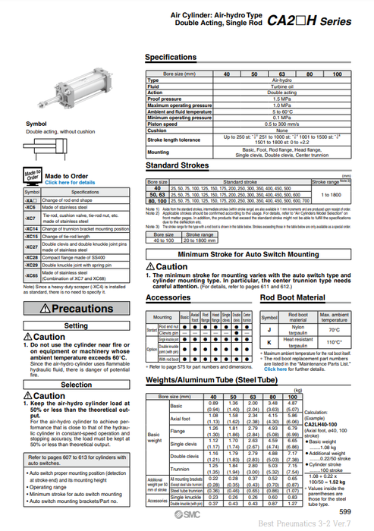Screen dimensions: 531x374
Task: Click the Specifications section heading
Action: pyautogui.click(x=171, y=58)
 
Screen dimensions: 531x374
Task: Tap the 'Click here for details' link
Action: pyautogui.click(x=70, y=182)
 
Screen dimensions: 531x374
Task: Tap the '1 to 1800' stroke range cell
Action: pyautogui.click(x=333, y=195)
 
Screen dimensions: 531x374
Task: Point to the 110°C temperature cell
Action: pyautogui.click(x=335, y=342)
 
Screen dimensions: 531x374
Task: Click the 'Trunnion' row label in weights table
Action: pyautogui.click(x=181, y=470)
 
